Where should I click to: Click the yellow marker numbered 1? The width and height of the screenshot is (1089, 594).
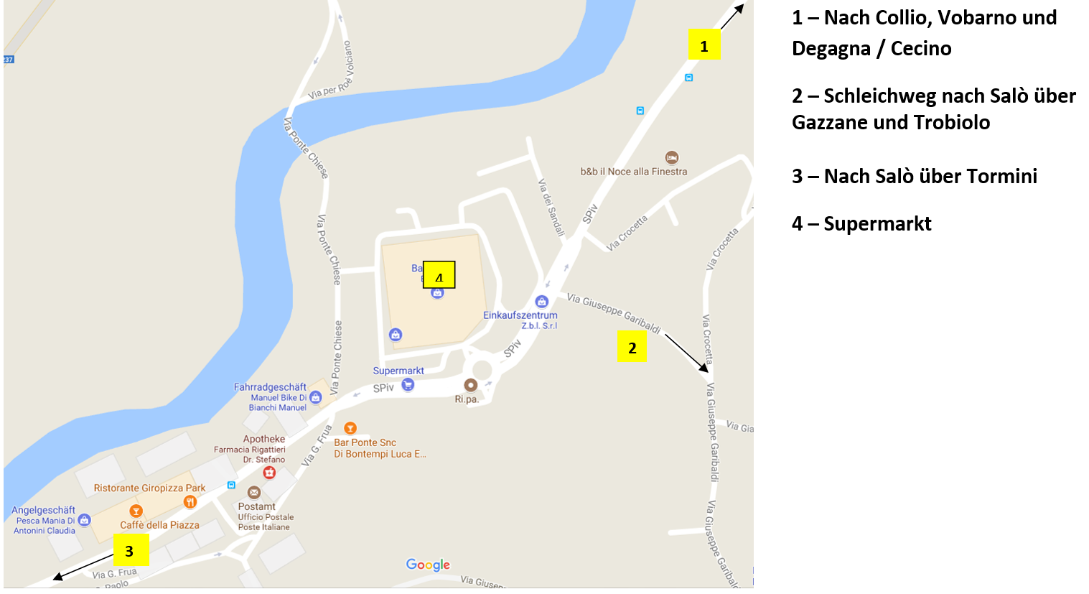[704, 45]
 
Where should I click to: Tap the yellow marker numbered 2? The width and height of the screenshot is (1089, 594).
[632, 346]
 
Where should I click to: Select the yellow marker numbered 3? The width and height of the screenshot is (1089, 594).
[130, 550]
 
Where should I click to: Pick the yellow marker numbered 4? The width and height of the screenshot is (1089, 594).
[439, 274]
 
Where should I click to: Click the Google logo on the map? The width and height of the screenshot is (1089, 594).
[428, 565]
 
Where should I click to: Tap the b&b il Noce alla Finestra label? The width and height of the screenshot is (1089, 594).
[634, 172]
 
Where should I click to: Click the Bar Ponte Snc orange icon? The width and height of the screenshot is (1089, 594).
[350, 428]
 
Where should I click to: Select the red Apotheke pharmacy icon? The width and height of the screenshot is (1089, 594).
[269, 472]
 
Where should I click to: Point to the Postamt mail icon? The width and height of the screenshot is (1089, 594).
[253, 492]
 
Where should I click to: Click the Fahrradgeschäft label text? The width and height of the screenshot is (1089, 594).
[270, 387]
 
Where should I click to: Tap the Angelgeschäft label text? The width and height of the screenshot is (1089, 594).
[43, 510]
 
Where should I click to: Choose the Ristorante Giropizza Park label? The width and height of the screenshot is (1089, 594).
[149, 488]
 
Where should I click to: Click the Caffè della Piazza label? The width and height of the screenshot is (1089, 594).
[159, 525]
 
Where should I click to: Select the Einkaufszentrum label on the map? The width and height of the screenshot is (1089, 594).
[520, 315]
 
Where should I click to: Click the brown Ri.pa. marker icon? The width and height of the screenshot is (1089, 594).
[470, 385]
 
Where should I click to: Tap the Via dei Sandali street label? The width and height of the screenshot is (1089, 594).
[551, 208]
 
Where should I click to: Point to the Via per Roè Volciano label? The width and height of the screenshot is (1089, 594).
[331, 71]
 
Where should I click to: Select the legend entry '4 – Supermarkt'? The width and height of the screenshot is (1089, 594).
[861, 224]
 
